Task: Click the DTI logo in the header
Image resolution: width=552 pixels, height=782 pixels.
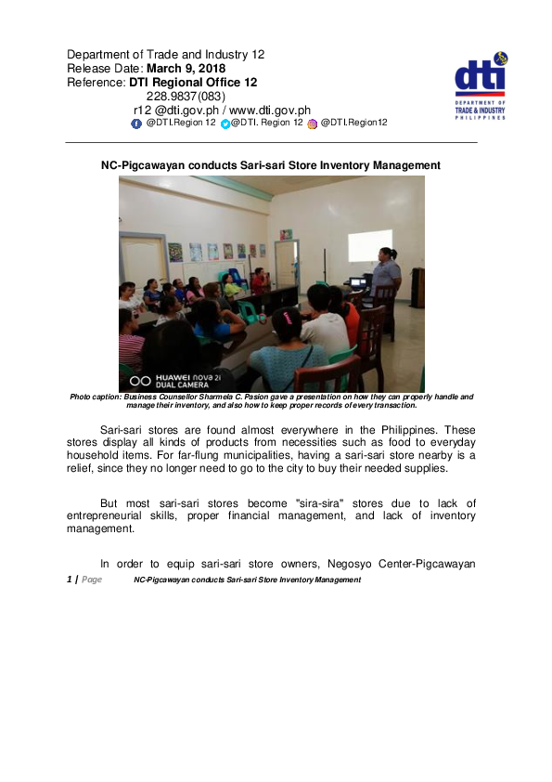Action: (481, 84)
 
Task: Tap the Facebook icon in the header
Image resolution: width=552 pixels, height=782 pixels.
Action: (136, 123)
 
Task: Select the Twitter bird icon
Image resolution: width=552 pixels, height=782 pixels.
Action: (225, 123)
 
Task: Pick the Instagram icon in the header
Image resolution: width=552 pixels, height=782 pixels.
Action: (313, 123)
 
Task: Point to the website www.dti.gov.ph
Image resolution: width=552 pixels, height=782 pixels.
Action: (276, 110)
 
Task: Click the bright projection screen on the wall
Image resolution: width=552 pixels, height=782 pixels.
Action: (369, 246)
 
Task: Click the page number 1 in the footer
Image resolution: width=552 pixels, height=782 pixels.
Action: (70, 580)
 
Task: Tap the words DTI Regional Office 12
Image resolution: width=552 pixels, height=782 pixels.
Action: (192, 82)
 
